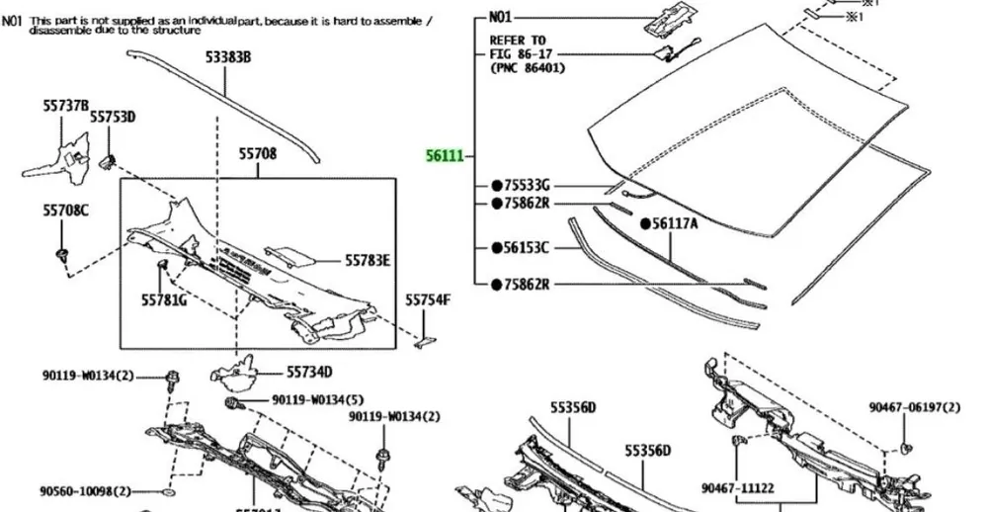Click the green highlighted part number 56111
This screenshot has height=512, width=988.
(x=444, y=155)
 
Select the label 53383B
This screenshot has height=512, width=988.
(x=228, y=58)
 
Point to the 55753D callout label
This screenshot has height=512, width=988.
(x=113, y=117)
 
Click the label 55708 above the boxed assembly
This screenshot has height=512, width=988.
(x=257, y=153)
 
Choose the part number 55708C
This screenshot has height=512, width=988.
(x=65, y=210)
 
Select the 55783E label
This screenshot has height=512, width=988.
(x=368, y=261)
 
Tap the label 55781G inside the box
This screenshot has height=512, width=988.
(x=164, y=299)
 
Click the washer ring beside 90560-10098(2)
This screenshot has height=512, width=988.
(x=165, y=491)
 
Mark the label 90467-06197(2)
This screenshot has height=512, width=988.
(x=914, y=406)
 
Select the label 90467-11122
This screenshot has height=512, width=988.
(x=738, y=487)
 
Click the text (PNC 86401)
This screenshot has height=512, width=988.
(x=534, y=69)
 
